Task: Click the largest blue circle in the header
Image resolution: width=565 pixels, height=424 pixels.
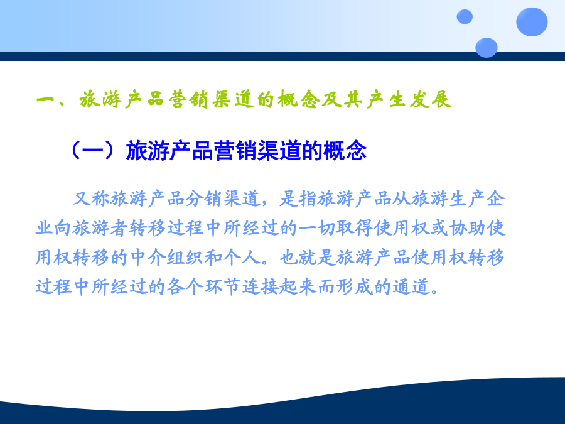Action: (532, 21)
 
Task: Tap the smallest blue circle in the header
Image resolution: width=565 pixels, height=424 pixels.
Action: (465, 17)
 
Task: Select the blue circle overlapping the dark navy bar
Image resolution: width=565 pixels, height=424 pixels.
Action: (487, 48)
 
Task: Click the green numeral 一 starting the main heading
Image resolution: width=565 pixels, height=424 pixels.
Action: (45, 99)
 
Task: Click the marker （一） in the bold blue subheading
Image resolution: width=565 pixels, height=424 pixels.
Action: (93, 151)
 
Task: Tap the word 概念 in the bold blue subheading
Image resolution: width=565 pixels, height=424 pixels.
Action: (345, 151)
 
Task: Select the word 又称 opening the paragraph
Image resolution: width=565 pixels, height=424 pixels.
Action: (91, 198)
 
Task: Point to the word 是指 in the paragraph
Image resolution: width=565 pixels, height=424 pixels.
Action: (298, 198)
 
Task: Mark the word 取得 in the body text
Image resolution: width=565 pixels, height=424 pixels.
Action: (354, 228)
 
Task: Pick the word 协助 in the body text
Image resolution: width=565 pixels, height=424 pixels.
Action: (467, 228)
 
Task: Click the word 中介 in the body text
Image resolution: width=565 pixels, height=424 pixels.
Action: (148, 258)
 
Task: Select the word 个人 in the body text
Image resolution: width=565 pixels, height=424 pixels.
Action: (242, 258)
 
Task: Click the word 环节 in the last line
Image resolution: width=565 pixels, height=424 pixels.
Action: (223, 287)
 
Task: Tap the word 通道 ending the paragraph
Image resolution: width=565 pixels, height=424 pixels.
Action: (411, 287)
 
